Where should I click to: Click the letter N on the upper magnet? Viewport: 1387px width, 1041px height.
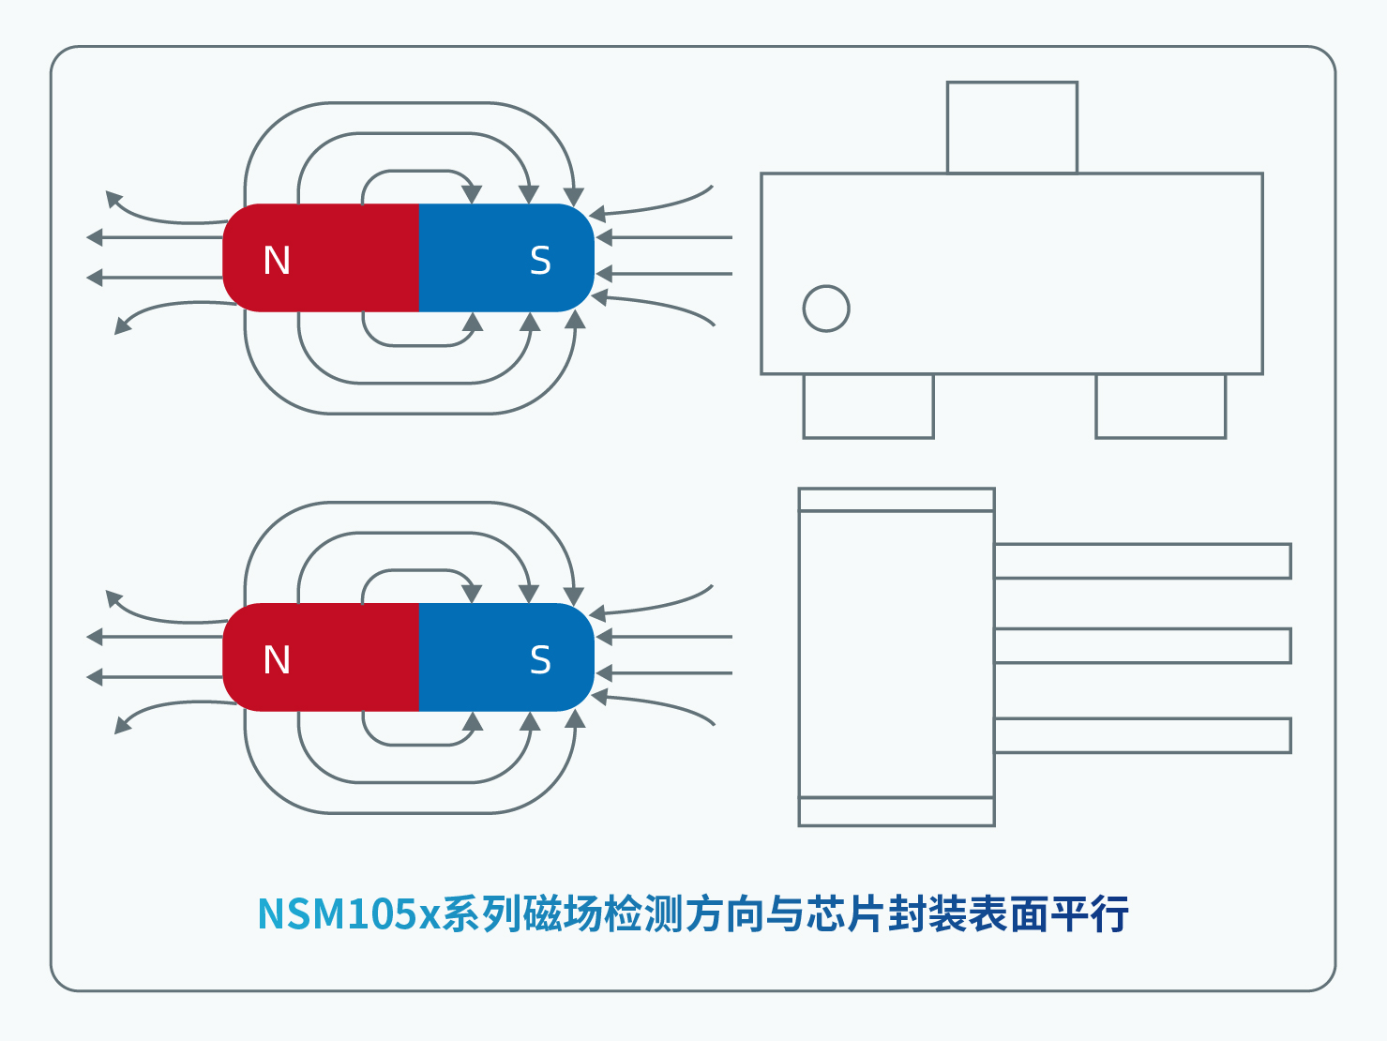(277, 260)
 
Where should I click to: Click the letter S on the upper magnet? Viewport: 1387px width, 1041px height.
(540, 260)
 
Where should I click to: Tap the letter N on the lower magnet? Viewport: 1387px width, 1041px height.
(277, 660)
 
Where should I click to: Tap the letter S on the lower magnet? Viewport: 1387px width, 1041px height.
(540, 660)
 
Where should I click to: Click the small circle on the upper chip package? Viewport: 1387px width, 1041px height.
(826, 309)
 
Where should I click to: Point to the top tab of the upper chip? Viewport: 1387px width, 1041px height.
(1012, 128)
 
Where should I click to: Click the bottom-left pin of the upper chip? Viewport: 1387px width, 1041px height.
(868, 406)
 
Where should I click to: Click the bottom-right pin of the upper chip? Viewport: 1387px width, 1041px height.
(1160, 406)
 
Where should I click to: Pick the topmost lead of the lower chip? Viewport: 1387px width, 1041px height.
(1142, 561)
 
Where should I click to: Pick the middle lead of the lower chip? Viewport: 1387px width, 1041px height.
(1142, 646)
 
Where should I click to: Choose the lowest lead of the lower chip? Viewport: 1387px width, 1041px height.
(1142, 735)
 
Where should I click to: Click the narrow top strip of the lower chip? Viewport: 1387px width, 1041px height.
(896, 500)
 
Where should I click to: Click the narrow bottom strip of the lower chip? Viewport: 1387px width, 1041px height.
(896, 811)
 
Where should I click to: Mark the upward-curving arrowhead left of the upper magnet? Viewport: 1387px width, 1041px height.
(113, 198)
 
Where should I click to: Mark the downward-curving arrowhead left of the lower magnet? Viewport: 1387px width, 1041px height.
(122, 724)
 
